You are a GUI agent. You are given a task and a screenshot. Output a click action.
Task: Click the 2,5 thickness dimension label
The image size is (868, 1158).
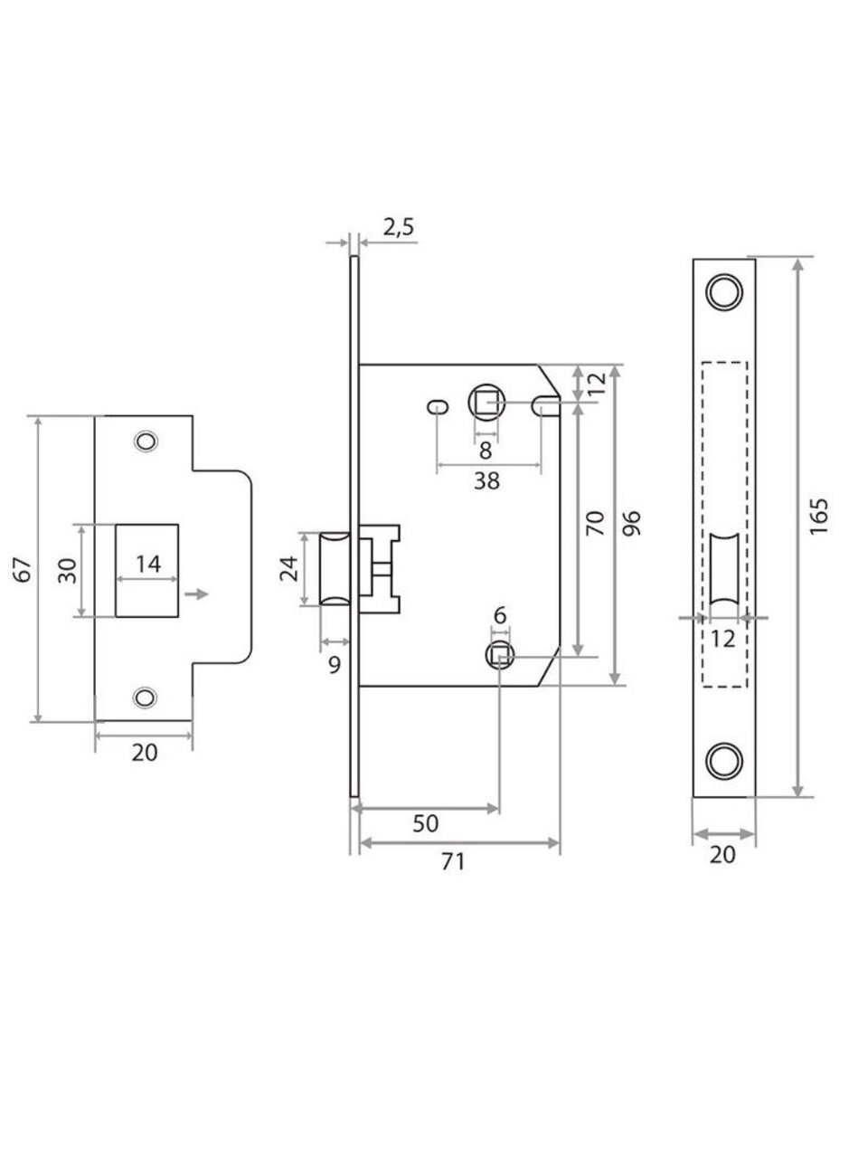pos(399,228)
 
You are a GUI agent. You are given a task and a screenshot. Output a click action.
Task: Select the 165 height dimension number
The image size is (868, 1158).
pos(819,516)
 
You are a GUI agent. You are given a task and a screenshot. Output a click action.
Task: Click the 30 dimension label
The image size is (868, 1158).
pos(68,570)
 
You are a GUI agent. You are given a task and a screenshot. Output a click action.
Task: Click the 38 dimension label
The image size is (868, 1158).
pos(486,480)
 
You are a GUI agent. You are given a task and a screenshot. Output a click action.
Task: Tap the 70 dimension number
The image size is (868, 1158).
pos(596,523)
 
